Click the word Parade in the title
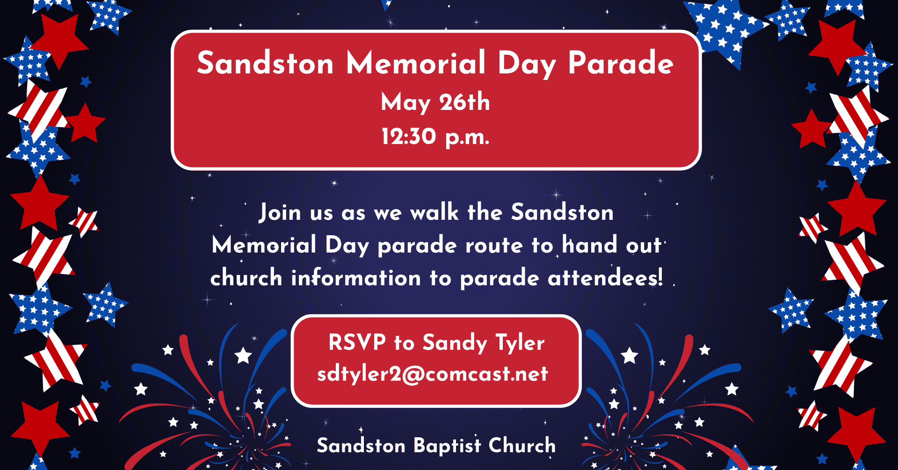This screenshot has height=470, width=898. point(621,63)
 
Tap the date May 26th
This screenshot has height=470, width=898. point(435,102)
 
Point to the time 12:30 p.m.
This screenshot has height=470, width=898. point(435,137)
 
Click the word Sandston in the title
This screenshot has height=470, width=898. point(265,63)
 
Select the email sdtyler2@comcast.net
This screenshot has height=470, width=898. point(433,374)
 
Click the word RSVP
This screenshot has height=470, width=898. point(357,342)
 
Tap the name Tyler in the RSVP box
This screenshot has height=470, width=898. point(520,344)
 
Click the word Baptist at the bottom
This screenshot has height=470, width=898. point(447,446)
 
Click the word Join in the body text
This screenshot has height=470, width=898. point(280,212)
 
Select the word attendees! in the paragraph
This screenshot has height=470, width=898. point(606,278)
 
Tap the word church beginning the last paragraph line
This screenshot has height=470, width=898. point(246,277)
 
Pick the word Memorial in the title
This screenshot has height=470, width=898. point(416,63)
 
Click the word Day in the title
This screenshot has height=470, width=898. point(527,65)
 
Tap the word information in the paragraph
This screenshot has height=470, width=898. point(356,277)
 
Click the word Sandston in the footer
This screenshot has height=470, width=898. point(361,445)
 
